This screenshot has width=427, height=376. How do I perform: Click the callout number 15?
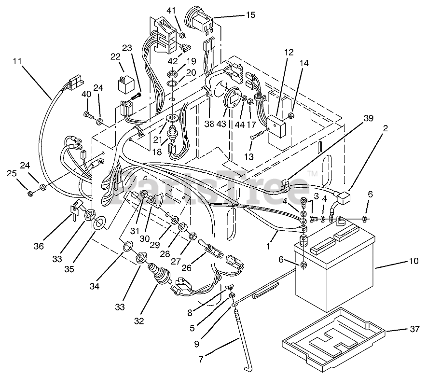click(250, 15)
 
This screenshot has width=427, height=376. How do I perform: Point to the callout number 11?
click(17, 61)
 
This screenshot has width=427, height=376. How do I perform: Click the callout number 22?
click(115, 57)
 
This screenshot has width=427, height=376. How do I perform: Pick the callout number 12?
click(289, 52)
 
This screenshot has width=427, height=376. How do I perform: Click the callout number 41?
click(172, 11)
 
